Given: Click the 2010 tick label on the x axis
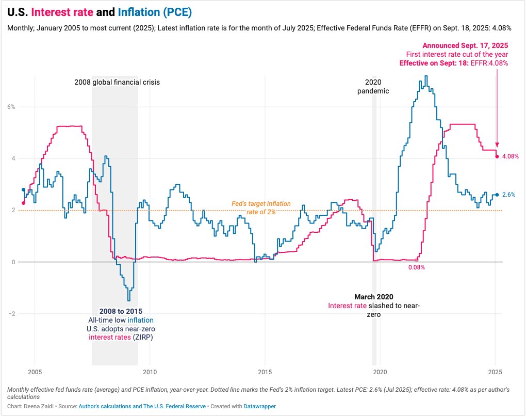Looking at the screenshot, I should (150, 372).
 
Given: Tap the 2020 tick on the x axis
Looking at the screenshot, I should (380, 372).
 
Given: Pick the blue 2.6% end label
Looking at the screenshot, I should (508, 195).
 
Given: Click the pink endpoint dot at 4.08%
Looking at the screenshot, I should (497, 156).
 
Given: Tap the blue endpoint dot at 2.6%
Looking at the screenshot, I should (497, 195).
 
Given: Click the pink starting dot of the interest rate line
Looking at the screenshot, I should (23, 203).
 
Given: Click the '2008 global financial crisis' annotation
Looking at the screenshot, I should (117, 82).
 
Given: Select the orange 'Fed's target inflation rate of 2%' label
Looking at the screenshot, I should (261, 207).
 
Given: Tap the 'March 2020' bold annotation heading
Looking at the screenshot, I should (374, 297).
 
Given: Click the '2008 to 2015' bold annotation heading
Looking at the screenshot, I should (121, 311).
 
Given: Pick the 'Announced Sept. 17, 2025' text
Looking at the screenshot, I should (465, 45).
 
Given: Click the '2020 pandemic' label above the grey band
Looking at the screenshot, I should (373, 86).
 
